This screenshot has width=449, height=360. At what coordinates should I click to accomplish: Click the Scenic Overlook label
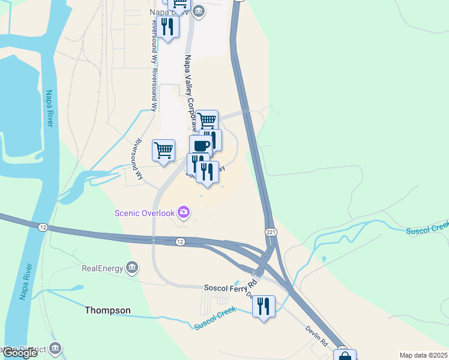point(145,213)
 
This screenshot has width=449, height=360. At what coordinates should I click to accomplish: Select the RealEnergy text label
point(102,268)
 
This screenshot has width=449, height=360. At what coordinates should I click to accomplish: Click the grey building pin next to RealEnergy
point(133,268)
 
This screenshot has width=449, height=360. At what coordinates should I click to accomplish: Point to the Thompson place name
point(107,310)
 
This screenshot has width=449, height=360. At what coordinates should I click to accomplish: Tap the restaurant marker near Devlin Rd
point(264,306)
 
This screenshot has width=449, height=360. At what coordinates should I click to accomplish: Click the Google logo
point(20,353)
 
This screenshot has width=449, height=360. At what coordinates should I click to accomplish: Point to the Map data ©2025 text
point(423,355)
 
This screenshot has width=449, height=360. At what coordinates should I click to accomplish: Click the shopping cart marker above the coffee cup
point(207,121)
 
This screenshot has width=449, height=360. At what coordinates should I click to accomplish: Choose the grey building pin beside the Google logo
point(55,347)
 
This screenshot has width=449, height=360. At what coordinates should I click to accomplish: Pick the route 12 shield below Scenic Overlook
point(180,241)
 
